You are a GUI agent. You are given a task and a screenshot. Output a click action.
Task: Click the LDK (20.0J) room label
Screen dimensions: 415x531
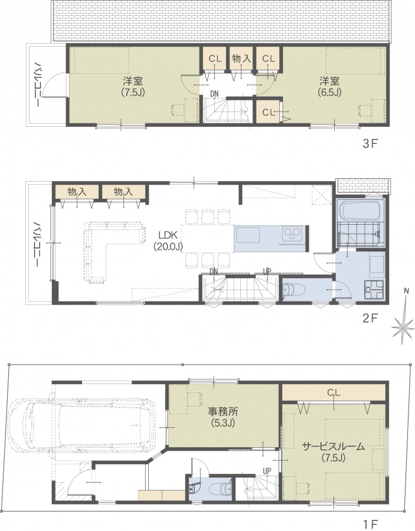(x=168, y=241)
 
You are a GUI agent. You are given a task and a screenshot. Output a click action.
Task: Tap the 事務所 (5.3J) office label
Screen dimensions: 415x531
(x=223, y=417)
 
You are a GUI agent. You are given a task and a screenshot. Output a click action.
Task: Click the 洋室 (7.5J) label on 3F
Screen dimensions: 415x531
(x=133, y=87)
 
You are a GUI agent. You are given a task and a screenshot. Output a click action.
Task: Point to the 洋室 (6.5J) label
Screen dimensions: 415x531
(x=329, y=87)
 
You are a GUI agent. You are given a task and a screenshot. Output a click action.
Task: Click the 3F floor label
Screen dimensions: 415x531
(x=370, y=144)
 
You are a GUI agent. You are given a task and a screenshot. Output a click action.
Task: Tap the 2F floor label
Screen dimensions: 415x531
(x=370, y=319)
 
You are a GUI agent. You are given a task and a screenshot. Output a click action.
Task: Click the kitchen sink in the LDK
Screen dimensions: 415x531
(x=248, y=235)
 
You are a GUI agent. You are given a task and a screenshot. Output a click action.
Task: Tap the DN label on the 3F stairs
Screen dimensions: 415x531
(x=214, y=93)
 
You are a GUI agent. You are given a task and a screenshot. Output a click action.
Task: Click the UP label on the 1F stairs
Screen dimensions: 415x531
(x=267, y=471)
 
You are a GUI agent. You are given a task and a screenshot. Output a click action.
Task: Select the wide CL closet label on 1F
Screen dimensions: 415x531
(x=334, y=392)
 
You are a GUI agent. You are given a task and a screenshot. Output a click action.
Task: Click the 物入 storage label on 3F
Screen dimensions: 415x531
(x=241, y=58)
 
